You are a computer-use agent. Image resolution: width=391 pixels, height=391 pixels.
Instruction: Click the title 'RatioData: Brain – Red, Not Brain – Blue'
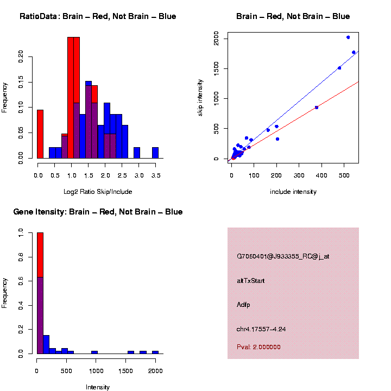[98, 16]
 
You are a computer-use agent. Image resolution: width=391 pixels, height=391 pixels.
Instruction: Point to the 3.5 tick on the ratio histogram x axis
[155, 175]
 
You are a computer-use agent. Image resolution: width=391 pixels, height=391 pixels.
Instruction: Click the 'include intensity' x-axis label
[293, 192]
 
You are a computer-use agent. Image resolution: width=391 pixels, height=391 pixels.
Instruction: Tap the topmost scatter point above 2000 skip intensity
[348, 37]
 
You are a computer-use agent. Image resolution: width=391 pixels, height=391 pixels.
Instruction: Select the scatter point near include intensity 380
[317, 108]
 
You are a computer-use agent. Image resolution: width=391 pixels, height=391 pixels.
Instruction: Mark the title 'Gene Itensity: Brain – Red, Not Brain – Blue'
[98, 212]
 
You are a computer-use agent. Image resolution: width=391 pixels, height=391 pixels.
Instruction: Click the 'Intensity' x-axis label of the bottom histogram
[98, 387]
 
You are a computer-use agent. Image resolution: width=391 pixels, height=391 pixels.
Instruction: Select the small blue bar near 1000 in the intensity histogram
[94, 352]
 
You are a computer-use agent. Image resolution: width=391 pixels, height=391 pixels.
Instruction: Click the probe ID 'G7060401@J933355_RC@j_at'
[283, 256]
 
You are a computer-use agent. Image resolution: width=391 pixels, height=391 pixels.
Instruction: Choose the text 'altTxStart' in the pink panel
[251, 281]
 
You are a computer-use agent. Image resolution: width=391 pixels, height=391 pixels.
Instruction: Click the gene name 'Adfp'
[244, 305]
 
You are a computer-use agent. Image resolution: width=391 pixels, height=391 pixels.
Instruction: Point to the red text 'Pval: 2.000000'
[258, 346]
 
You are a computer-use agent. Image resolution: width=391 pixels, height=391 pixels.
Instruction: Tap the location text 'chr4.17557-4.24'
[261, 329]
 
